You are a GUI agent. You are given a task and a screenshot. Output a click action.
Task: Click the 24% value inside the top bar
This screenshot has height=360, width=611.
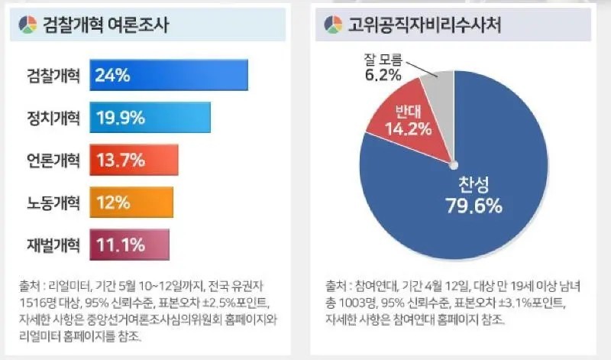pyautogui.click(x=113, y=75)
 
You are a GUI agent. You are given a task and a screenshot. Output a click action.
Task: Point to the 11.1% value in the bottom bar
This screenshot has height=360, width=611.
pyautogui.click(x=120, y=245)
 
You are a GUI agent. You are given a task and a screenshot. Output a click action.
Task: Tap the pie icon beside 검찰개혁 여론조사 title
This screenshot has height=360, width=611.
pyautogui.click(x=25, y=25)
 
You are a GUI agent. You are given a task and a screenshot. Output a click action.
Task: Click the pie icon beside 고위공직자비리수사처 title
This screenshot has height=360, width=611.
pyautogui.click(x=333, y=25)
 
